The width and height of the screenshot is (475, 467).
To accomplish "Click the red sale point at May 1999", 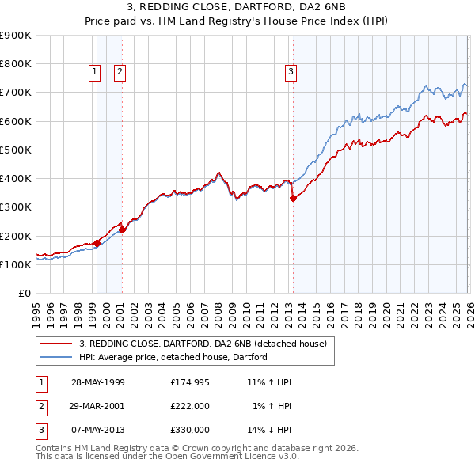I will click(x=97, y=243).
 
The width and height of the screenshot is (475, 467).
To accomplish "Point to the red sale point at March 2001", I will click(x=123, y=230).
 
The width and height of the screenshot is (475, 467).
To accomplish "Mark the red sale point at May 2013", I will click(x=293, y=199).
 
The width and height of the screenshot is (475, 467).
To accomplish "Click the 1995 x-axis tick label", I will click(x=36, y=312).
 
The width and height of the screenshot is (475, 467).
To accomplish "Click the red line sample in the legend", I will click(x=55, y=344).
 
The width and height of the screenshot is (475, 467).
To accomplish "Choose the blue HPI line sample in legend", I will click(x=55, y=357).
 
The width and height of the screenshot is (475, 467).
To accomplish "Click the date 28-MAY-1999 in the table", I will click(x=98, y=382).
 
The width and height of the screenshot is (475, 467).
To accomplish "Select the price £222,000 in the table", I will click(x=190, y=406).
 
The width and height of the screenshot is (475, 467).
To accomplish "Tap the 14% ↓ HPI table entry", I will click(x=269, y=430).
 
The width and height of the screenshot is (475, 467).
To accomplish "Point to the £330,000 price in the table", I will click(x=190, y=430).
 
